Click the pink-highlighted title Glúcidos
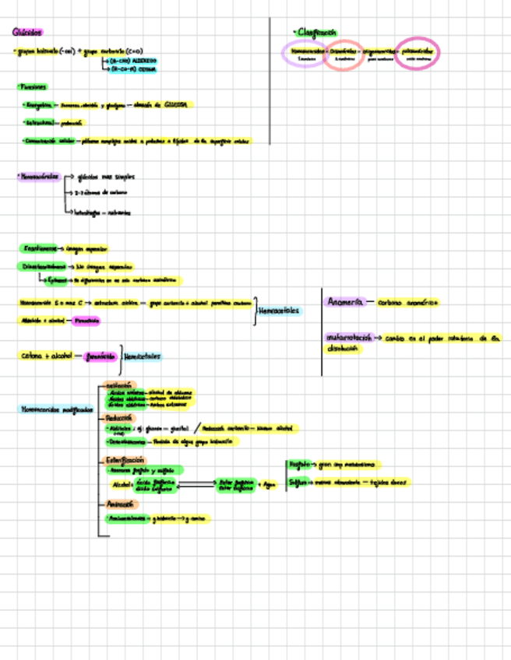[27, 32]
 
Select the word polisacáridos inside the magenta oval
[418, 51]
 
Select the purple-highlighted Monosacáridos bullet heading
[39, 177]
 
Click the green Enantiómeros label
[38, 248]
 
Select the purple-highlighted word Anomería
[344, 301]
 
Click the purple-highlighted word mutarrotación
[350, 339]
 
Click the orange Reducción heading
[119, 417]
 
